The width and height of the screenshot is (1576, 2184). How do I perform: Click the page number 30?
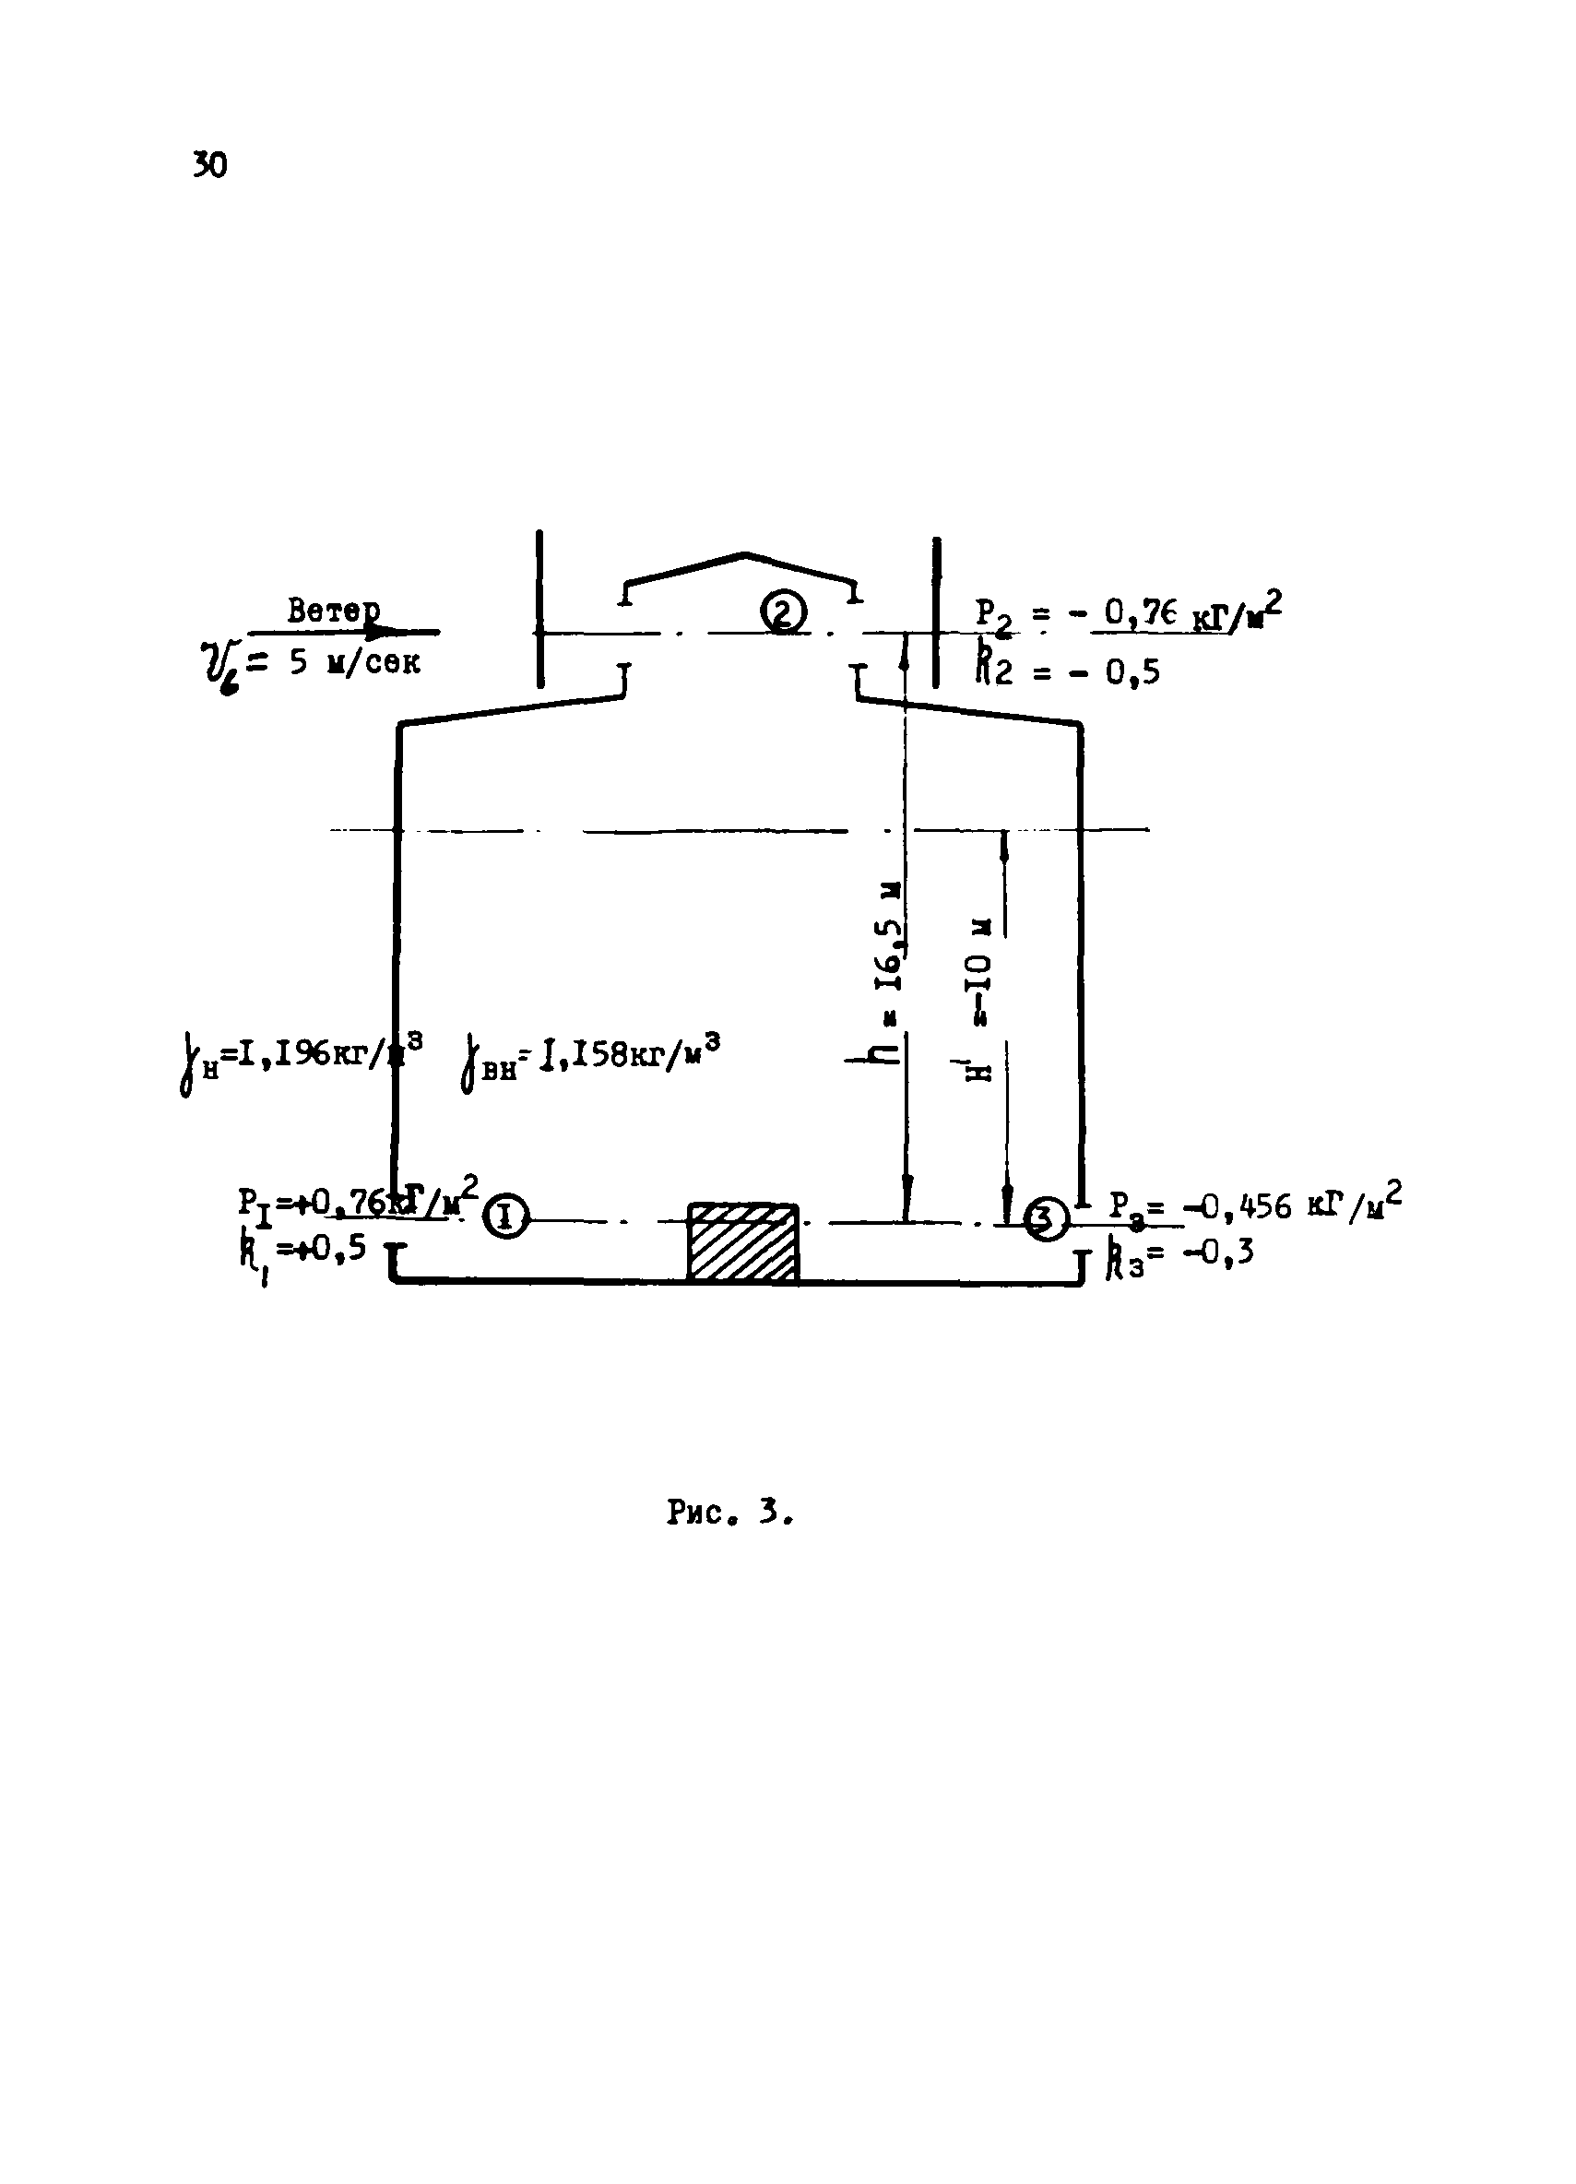(210, 166)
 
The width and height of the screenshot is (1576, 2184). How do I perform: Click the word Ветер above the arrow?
(333, 611)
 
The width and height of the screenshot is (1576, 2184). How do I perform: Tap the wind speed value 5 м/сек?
(355, 663)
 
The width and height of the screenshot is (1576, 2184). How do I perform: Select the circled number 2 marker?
(783, 612)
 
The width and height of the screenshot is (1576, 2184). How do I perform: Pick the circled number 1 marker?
(505, 1217)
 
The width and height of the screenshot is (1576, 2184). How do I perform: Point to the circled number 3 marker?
(1045, 1219)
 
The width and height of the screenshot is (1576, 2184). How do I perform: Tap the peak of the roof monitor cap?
(744, 554)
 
